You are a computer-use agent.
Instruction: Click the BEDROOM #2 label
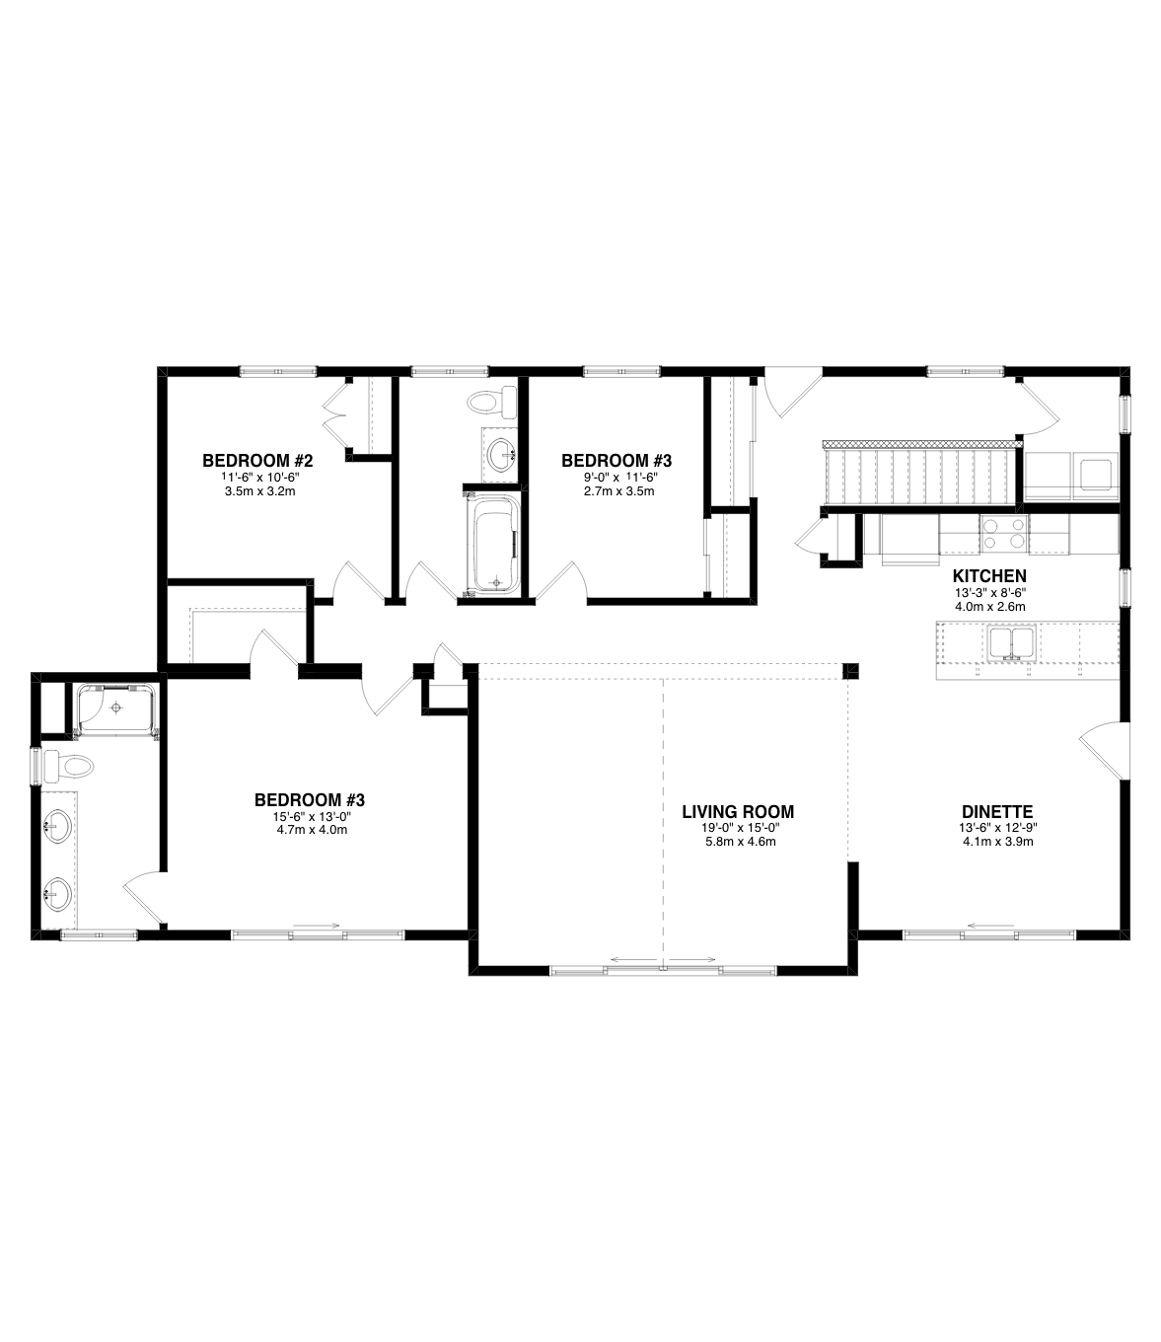pos(257,460)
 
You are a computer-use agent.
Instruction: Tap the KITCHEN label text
pos(989,576)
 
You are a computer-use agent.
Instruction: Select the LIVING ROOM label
pos(738,811)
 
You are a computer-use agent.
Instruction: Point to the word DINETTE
pos(997,811)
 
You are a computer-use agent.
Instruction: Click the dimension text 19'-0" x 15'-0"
pos(738,828)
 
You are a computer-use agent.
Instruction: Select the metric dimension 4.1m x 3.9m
pos(997,842)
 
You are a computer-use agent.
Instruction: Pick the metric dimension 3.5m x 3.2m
pos(259,491)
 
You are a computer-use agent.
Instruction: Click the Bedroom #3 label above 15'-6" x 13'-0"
pos(310,799)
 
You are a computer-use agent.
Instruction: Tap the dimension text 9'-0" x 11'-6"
pos(619,477)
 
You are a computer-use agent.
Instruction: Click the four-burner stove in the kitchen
pos(1004,533)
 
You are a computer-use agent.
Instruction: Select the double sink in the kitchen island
pos(1011,642)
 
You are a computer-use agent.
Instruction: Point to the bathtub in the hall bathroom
pos(496,544)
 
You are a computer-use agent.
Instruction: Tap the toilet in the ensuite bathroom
pos(68,767)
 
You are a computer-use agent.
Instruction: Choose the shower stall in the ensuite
pos(116,708)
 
